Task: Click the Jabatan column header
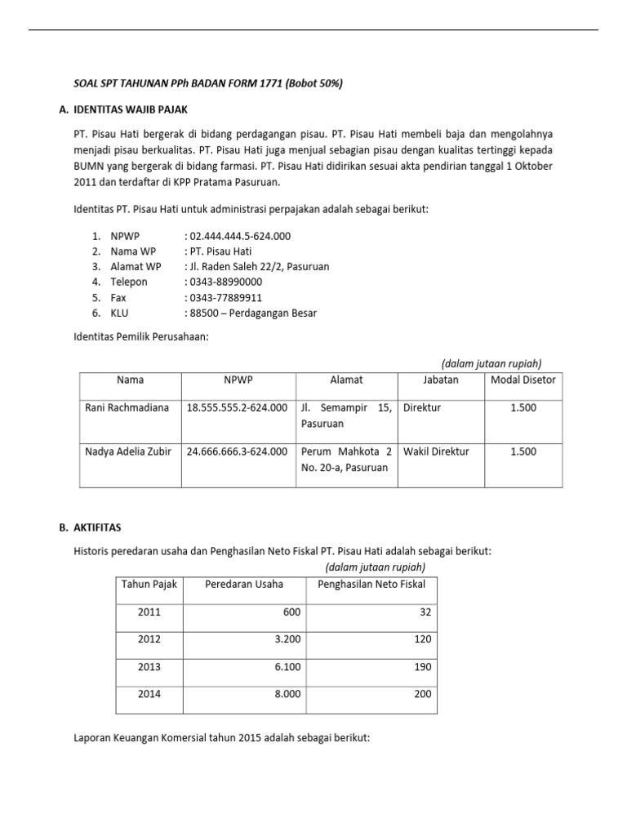coord(441,380)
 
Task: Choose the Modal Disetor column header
coord(522,380)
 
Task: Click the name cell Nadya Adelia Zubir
coord(128,451)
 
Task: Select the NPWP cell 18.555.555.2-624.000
coord(237,407)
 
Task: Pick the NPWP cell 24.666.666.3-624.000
coord(237,451)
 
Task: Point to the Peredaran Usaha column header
coord(244,584)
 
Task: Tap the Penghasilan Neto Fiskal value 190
coord(422,667)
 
